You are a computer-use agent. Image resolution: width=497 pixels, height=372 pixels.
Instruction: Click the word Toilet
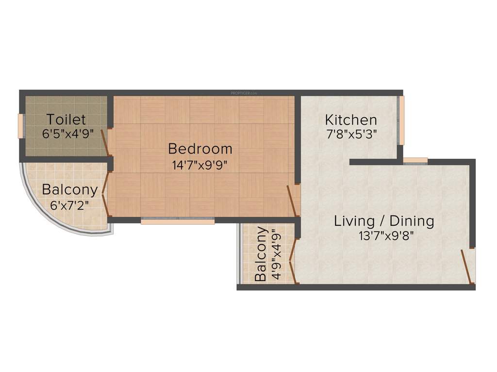[x=66, y=119]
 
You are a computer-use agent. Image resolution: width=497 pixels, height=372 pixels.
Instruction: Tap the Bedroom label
[x=200, y=149]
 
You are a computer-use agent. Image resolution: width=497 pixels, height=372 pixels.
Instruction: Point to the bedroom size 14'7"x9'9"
[x=200, y=164]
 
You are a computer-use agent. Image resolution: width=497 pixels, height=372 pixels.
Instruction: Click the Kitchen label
[x=351, y=120]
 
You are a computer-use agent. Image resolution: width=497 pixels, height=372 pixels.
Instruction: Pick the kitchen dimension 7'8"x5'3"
[x=351, y=134]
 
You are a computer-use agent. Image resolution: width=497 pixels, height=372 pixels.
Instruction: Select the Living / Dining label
[x=383, y=221]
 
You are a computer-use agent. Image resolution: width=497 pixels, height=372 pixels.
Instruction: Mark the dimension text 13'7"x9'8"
[x=383, y=236]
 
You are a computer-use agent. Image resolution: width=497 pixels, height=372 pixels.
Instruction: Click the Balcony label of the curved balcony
[x=69, y=189]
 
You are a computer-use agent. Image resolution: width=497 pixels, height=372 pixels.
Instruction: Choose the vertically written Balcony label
[x=261, y=254]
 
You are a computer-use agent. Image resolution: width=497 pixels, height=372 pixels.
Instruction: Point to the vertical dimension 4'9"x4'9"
[x=276, y=254]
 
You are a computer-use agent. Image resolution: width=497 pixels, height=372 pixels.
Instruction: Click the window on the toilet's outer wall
[x=20, y=125]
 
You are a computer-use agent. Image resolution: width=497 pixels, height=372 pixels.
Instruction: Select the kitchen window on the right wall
[x=401, y=120]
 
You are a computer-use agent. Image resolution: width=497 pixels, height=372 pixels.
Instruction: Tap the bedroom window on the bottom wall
[x=178, y=221]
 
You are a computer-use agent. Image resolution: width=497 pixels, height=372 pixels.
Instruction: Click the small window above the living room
[x=415, y=161]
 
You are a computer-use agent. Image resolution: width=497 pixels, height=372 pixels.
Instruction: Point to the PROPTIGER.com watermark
[x=243, y=92]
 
